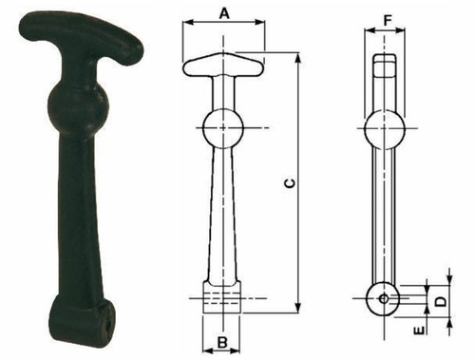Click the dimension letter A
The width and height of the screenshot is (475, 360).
224,13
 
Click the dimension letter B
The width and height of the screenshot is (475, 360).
223,342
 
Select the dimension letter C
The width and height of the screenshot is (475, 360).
291,183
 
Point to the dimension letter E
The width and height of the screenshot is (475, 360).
419,331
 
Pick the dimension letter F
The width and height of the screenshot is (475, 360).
388,21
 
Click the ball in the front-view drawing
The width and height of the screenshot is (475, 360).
223,128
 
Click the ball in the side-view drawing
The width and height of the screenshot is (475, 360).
385,128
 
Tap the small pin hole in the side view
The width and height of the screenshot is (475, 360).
384,298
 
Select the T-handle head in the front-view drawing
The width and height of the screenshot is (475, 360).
223,65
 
